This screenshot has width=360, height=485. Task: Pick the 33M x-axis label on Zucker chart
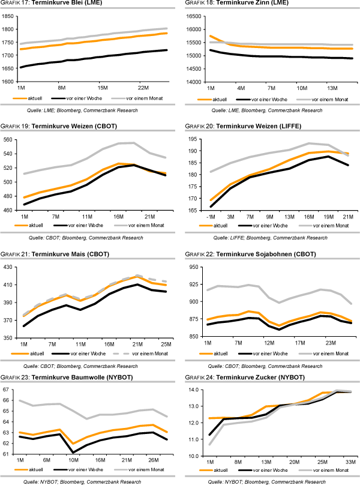350,462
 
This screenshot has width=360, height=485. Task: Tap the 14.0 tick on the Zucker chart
197,390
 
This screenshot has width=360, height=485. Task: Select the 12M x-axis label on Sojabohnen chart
269,344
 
